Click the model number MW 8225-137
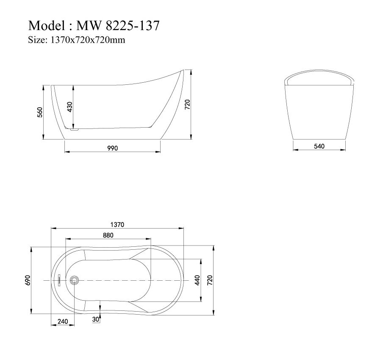point(118,26)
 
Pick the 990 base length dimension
point(112,148)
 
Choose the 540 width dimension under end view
point(319,146)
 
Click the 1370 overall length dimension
point(117,224)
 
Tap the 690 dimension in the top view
point(28,280)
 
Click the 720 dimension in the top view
point(210,280)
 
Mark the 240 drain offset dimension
point(63,322)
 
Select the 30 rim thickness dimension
point(96,319)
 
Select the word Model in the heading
point(46,26)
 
